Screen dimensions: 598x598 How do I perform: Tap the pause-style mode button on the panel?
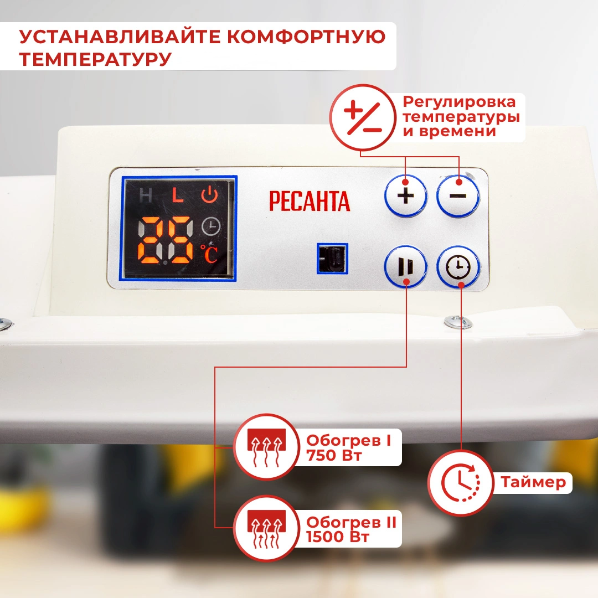pyautogui.click(x=405, y=266)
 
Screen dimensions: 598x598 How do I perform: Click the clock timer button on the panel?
pyautogui.click(x=458, y=266)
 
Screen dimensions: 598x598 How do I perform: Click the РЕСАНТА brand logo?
pyautogui.click(x=310, y=201)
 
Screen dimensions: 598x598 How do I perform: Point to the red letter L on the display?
pyautogui.click(x=177, y=195)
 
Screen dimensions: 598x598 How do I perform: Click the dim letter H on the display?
pyautogui.click(x=146, y=195)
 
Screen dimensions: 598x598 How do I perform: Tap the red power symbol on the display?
pyautogui.click(x=209, y=194)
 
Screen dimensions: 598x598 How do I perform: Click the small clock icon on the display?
pyautogui.click(x=211, y=226)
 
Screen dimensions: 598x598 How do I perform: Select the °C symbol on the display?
pyautogui.click(x=209, y=254)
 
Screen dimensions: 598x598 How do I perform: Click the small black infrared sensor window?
pyautogui.click(x=332, y=258)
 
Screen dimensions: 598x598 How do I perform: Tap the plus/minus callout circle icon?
pyautogui.click(x=363, y=117)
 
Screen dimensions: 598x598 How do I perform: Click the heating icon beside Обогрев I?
pyautogui.click(x=266, y=447)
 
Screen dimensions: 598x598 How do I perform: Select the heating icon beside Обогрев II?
pyautogui.click(x=266, y=528)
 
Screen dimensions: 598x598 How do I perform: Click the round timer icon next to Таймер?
pyautogui.click(x=461, y=482)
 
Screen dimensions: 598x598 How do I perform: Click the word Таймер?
pyautogui.click(x=533, y=482)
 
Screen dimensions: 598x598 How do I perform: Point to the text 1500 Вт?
pyautogui.click(x=338, y=537)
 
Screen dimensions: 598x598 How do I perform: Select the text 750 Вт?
pyautogui.click(x=334, y=455)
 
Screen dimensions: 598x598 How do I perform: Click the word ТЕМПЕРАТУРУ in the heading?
pyautogui.click(x=95, y=59)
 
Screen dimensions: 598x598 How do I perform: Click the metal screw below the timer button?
pyautogui.click(x=458, y=322)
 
